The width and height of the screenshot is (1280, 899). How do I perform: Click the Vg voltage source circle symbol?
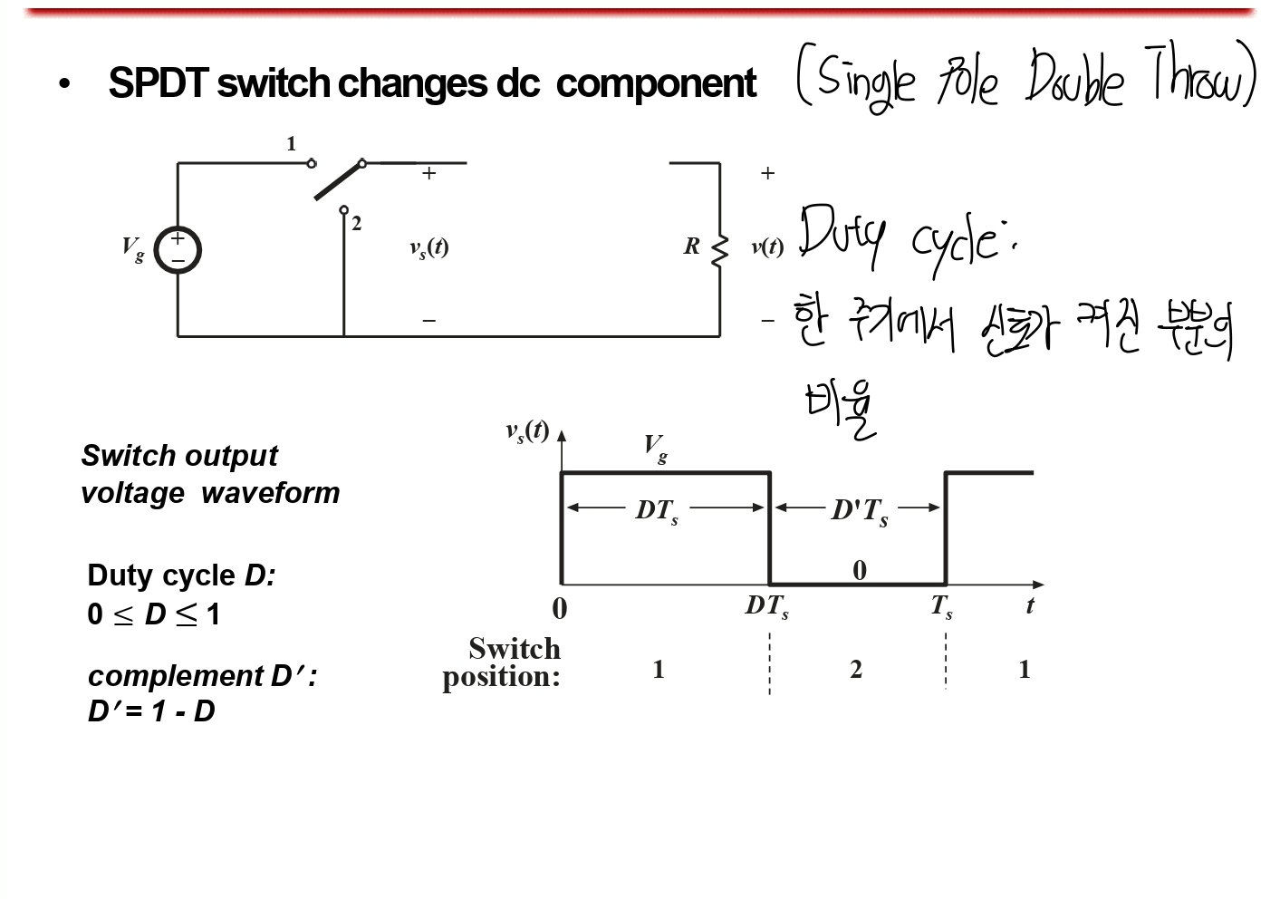178,250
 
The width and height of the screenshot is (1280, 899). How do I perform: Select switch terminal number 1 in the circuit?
311,163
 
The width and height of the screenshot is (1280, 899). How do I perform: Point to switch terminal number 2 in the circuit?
344,210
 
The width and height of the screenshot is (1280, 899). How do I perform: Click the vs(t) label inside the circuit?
428,247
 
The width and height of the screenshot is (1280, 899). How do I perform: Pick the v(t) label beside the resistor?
767,246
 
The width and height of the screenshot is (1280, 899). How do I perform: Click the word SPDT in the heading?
155,83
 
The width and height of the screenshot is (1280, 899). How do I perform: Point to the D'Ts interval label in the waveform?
860,510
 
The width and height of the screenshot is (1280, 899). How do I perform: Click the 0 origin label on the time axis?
560,608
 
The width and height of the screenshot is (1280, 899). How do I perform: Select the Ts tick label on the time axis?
942,605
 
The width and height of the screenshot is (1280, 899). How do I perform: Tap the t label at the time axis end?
1030,605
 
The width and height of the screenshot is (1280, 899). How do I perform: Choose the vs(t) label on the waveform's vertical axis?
527,430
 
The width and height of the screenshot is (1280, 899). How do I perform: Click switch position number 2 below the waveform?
856,669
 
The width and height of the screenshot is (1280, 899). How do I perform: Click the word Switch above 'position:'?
515,649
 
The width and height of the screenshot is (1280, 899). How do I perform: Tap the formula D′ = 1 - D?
151,711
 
